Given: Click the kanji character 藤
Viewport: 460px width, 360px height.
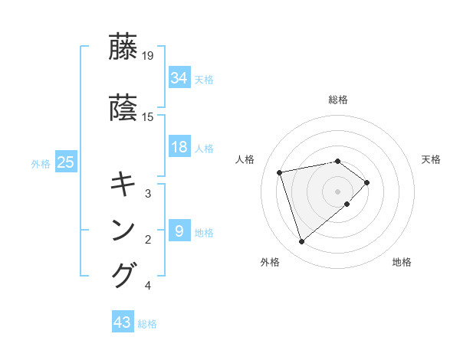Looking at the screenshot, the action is tap(124, 47).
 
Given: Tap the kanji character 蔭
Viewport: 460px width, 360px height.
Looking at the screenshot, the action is tap(124, 109).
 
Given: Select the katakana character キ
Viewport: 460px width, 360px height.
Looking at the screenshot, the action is tap(124, 185).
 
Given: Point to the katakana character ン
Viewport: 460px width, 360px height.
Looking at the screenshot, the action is tap(124, 231).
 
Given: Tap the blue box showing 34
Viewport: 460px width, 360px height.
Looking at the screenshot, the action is tap(179, 78).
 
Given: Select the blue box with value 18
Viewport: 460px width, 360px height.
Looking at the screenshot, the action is tap(179, 148).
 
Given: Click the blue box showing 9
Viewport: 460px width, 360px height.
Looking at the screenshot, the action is tap(179, 231).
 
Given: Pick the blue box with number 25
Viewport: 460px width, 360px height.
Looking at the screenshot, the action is tap(65, 162).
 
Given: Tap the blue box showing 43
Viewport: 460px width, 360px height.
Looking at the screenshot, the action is tap(123, 322).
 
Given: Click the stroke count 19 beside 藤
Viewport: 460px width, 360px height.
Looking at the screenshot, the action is tap(148, 55).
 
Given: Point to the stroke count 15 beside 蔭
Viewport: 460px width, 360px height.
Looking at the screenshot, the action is tap(148, 117).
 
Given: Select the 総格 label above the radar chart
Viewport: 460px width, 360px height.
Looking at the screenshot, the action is tap(337, 100).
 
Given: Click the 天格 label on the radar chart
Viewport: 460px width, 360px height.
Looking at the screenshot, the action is tap(431, 159).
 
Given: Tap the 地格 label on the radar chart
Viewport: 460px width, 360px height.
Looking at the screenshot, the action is tap(402, 263).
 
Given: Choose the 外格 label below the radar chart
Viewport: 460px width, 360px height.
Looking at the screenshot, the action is tap(270, 263).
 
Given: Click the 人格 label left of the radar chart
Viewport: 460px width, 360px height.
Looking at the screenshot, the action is tap(245, 159).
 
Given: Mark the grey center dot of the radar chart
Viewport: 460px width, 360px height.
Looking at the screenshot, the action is tap(337, 190).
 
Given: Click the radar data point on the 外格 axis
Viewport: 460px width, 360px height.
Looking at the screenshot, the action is tap(301, 242).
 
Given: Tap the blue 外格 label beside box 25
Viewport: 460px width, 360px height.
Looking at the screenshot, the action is tap(41, 163).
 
